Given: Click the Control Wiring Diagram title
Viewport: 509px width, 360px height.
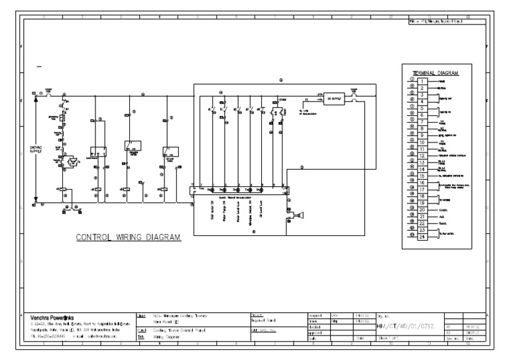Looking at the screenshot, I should tap(129, 237).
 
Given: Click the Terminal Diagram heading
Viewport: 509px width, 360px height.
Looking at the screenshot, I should tap(437, 72).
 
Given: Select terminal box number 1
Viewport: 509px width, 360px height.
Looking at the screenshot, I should tap(422, 81).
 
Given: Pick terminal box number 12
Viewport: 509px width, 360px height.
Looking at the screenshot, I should tap(422, 155).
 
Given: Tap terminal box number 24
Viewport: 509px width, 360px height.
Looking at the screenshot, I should tap(422, 237).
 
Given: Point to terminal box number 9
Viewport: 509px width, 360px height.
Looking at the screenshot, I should tap(422, 135).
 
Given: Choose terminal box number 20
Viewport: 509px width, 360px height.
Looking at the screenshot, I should tap(422, 210).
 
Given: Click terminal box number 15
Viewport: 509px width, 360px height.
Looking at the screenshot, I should tap(422, 175).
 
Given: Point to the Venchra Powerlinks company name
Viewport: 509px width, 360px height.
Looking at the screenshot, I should tap(60, 318).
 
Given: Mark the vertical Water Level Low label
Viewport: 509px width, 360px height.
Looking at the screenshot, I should tap(240, 211).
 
